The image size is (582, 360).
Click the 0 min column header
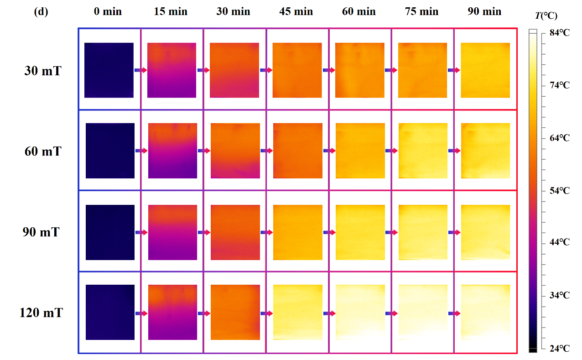pos(108,12)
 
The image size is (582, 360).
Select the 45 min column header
pos(296,12)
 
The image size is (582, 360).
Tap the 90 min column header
pos(484,12)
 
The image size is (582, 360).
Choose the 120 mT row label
pos(41,313)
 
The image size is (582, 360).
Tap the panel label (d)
pos(41,12)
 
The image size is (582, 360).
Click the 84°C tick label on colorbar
pos(559,32)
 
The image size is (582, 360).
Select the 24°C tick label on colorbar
pos(559,349)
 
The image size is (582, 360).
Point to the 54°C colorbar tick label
pos(559,191)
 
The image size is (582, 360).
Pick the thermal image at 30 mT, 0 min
pos(109,70)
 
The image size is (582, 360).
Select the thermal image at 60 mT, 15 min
pos(172,151)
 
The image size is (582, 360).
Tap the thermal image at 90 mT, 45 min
pos(298,232)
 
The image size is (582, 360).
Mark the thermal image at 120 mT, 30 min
pos(235,312)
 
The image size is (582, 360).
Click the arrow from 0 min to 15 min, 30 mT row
pos(140,70)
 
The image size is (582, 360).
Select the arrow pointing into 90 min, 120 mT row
pos(454,313)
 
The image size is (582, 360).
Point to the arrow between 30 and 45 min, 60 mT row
pos(266,151)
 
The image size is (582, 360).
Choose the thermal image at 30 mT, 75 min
pos(422,70)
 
